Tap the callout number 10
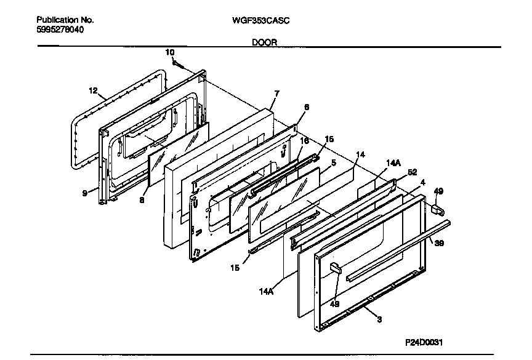point(170,52)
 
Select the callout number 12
point(93,90)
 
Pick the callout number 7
point(276,94)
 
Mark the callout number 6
point(307,106)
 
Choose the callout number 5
point(333,162)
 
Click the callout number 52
point(413,172)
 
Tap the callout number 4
point(422,182)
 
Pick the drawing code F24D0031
point(424,342)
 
